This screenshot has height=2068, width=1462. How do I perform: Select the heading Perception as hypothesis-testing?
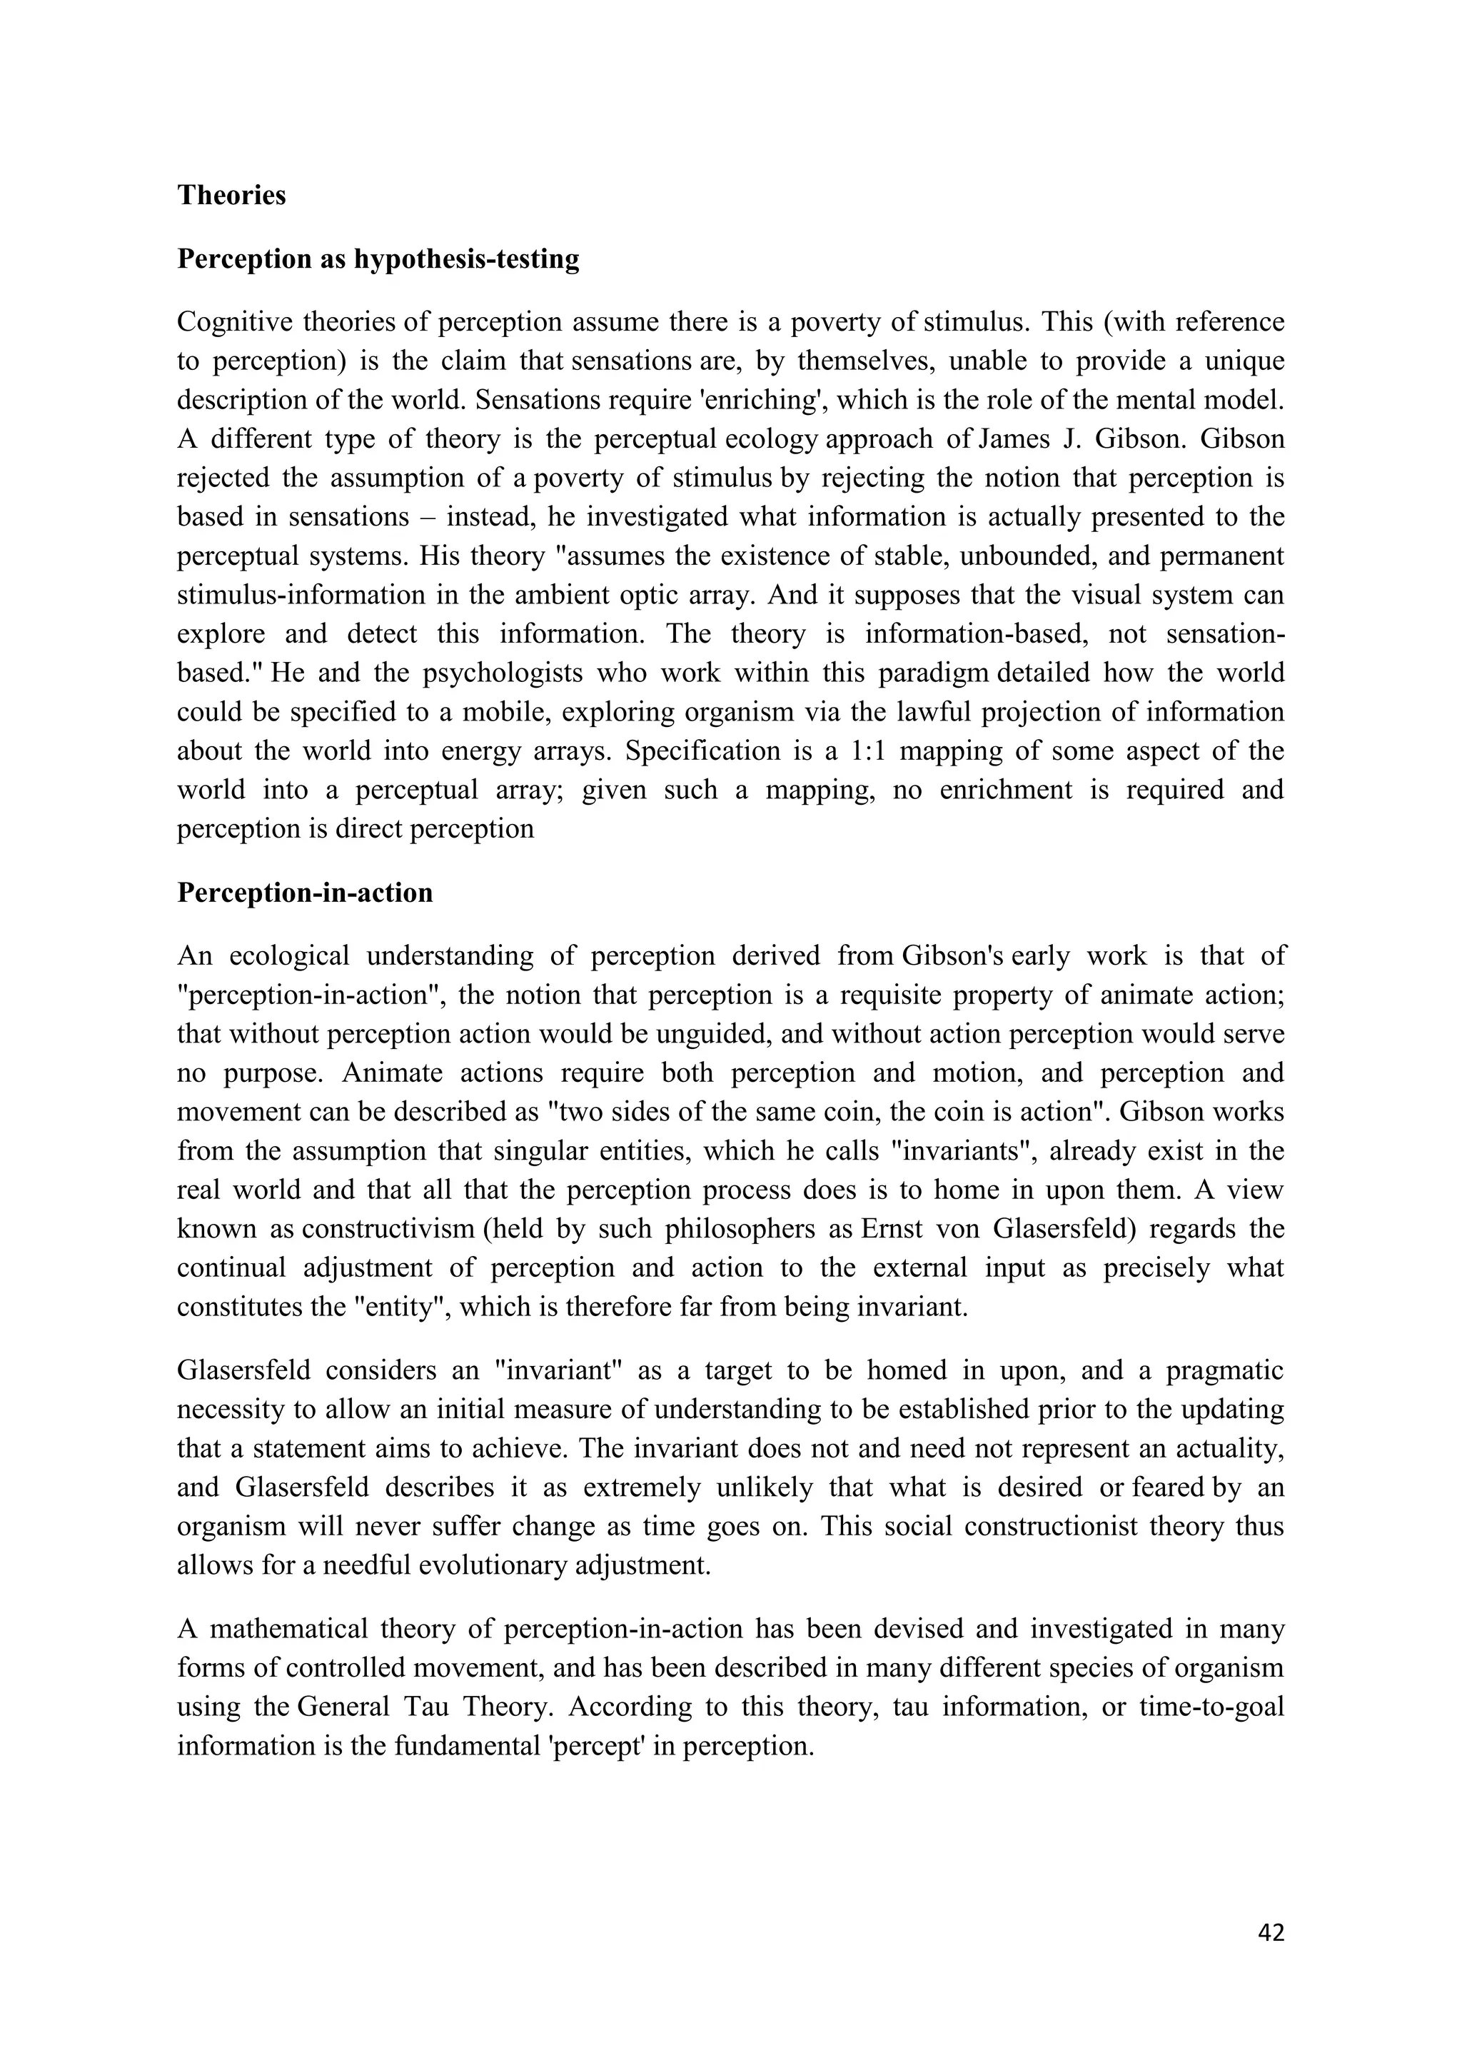(x=378, y=258)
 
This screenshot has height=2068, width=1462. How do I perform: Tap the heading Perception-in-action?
(x=306, y=893)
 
